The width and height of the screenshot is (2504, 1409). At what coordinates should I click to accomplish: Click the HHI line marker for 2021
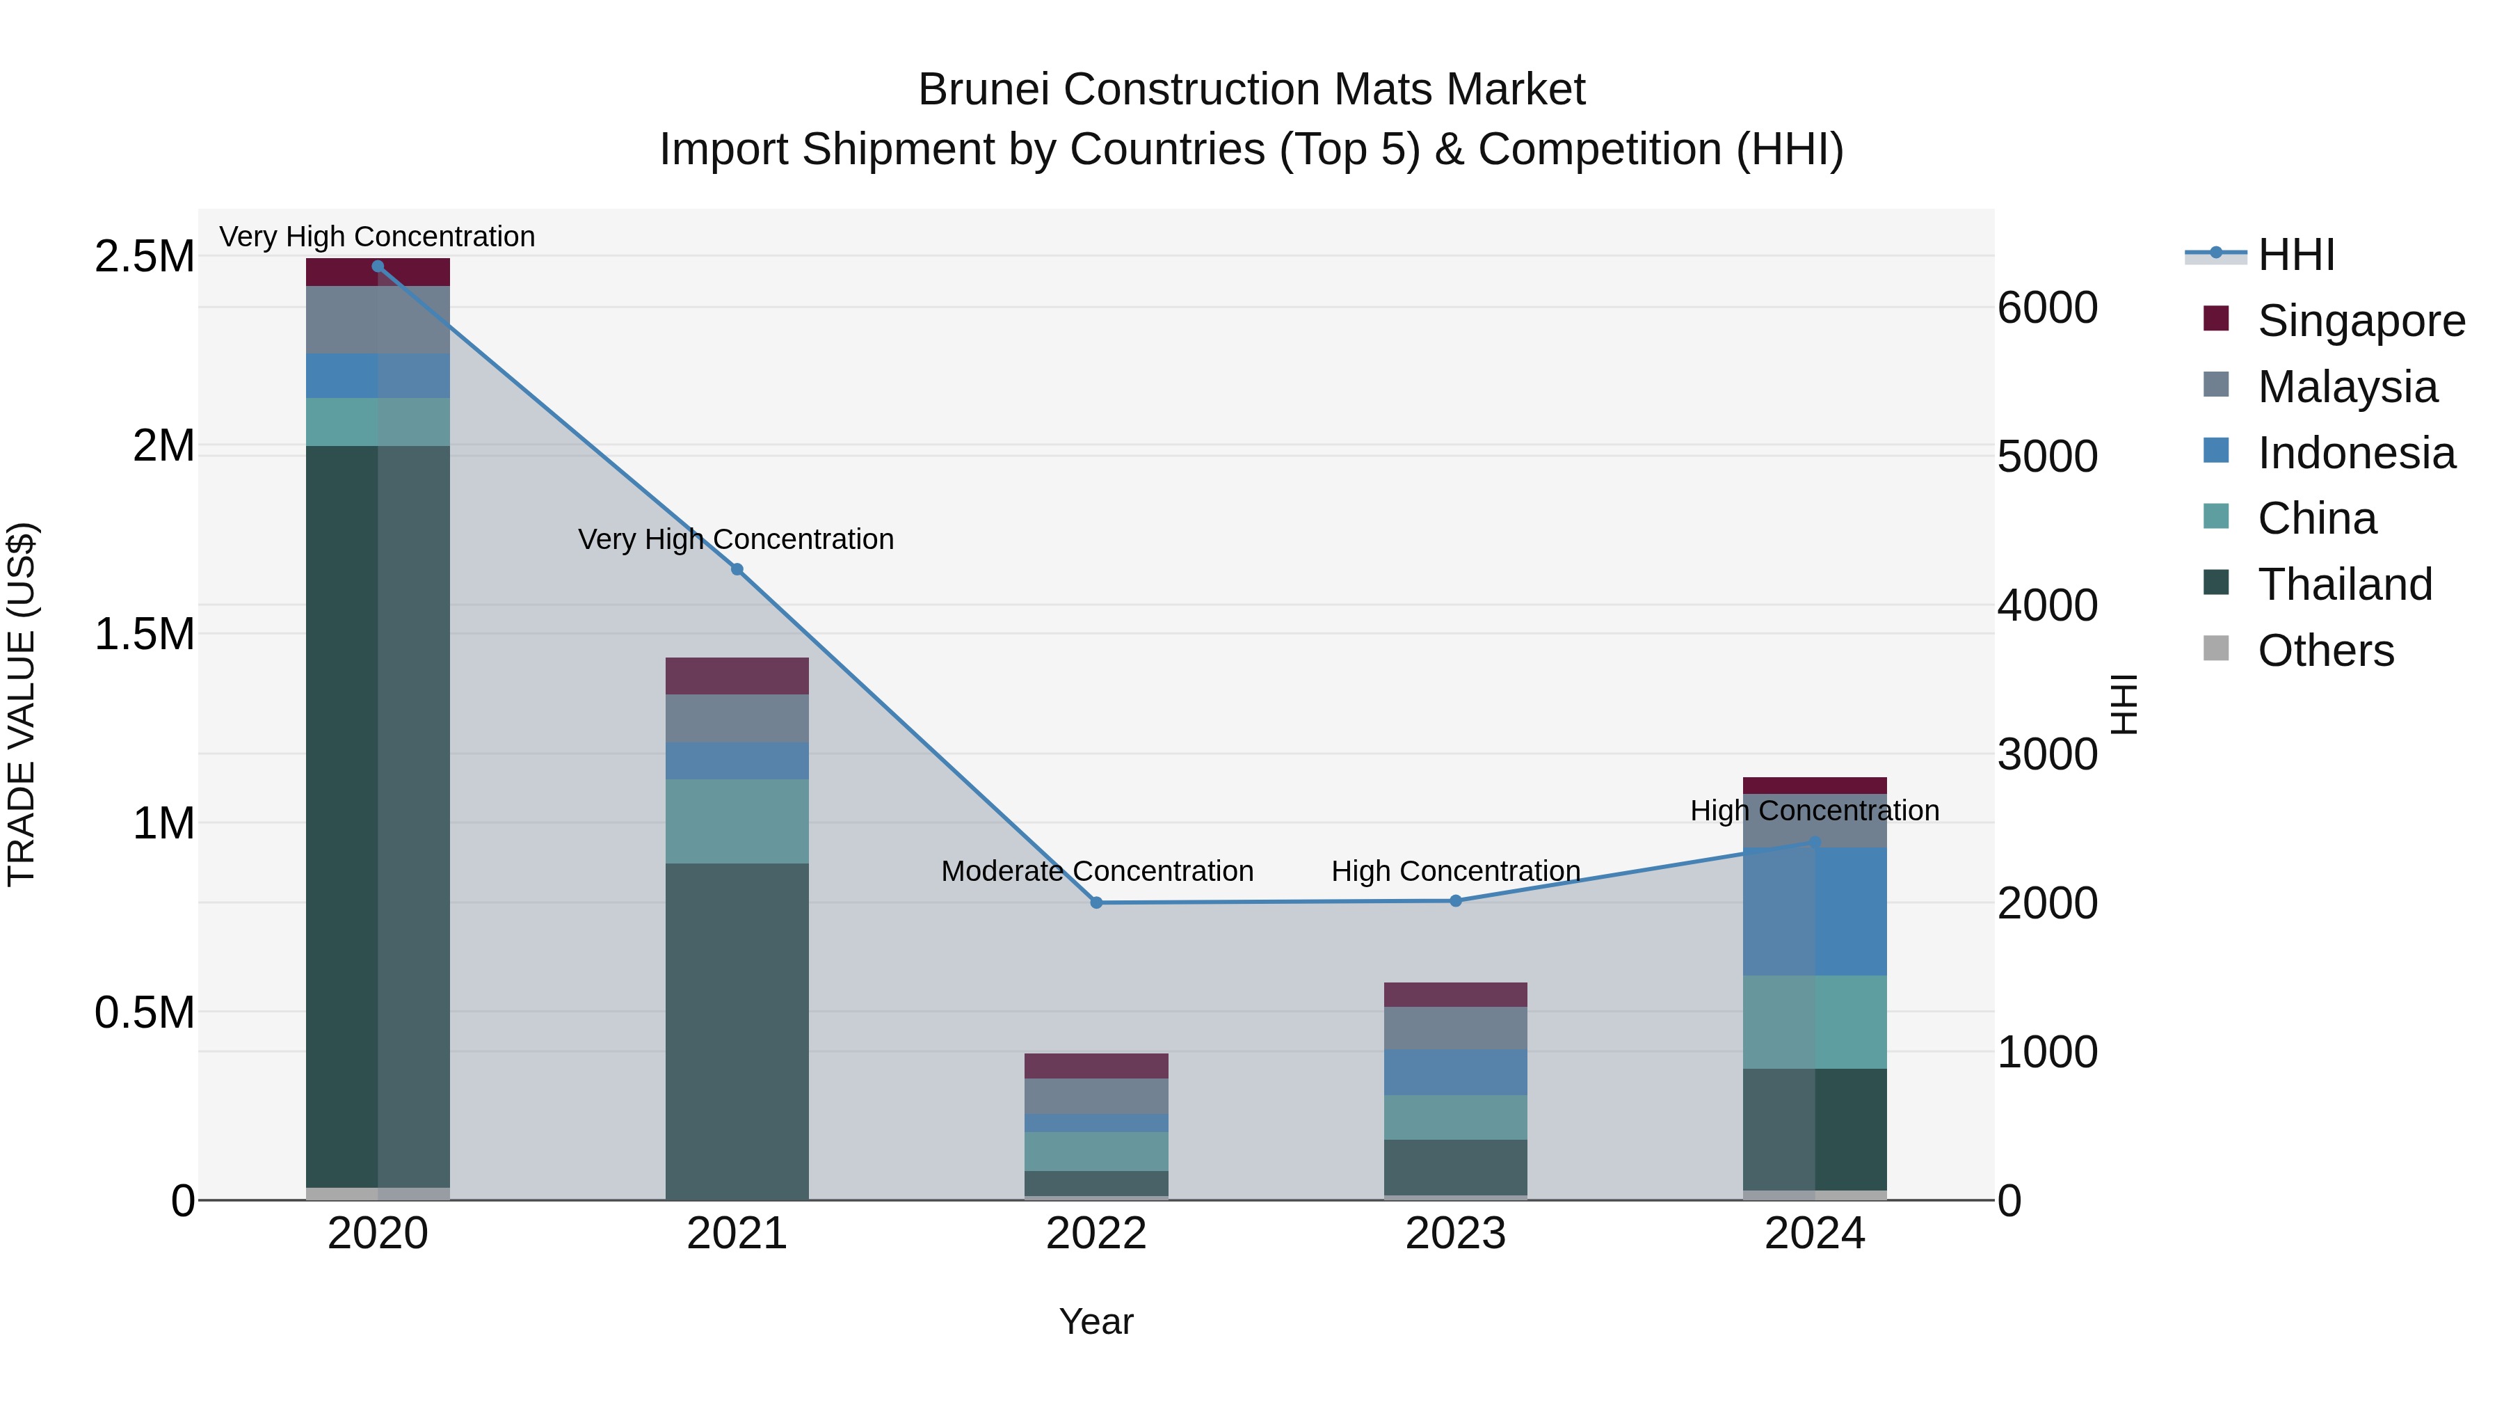pos(737,569)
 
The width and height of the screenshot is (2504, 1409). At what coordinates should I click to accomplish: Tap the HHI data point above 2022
pos(1096,902)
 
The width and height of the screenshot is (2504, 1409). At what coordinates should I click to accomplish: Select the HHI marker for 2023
pos(1455,900)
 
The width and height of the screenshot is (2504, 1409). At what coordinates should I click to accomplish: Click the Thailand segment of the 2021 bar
pos(737,1030)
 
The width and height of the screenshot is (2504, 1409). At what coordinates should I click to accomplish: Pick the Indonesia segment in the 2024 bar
pos(1814,911)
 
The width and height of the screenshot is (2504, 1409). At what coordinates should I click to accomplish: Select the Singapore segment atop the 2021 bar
pos(737,676)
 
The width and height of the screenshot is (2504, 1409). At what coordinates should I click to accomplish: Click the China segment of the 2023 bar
pos(1455,1117)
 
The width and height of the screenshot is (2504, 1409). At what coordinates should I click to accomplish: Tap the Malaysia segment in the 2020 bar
pos(378,320)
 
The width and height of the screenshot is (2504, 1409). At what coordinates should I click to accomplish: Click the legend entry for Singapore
pos(2360,321)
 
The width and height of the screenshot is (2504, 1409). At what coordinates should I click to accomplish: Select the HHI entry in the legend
pos(2295,255)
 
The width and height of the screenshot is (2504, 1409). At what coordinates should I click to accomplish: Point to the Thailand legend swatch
pos(2215,584)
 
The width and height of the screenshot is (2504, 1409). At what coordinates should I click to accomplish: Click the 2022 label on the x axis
pos(1096,1234)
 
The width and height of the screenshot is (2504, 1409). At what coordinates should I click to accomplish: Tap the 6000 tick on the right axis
pos(2047,308)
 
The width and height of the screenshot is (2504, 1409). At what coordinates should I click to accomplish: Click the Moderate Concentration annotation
pos(1096,870)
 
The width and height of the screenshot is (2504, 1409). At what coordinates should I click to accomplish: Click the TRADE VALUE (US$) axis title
pos(22,704)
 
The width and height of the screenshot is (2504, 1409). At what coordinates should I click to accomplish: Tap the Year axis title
pos(1096,1321)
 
